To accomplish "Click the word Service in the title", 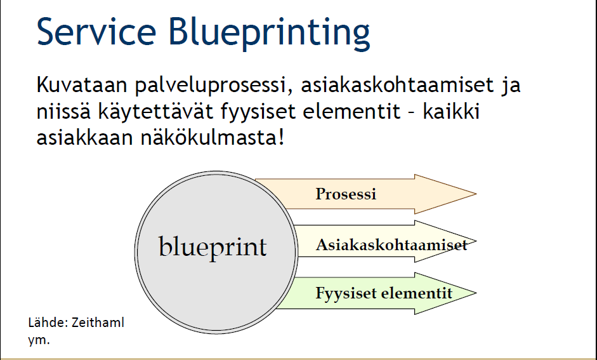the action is [96, 32].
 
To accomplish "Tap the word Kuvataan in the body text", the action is [82, 84].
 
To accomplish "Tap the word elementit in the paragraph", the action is [352, 112].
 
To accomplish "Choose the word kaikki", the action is [451, 111].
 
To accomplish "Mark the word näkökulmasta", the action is [213, 138].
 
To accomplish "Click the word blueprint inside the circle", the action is [213, 248].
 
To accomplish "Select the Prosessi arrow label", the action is [346, 194].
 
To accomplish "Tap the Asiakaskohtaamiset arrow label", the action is [391, 244].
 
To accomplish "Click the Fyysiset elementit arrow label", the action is [384, 293].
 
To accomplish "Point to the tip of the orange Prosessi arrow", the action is [476, 194].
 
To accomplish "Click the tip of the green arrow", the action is [476, 293].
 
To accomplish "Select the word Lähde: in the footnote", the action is [48, 323].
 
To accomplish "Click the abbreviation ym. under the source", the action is [39, 340].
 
